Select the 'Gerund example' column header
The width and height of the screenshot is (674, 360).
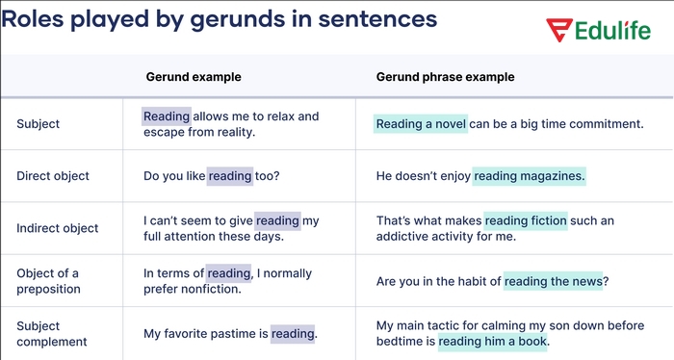(x=193, y=77)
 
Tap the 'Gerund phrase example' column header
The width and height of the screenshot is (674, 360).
(x=445, y=77)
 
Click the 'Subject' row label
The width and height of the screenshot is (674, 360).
(x=38, y=124)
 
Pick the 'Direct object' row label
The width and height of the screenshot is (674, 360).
(x=53, y=176)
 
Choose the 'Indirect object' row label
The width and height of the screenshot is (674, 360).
(x=57, y=228)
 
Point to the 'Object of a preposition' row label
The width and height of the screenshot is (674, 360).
(x=48, y=281)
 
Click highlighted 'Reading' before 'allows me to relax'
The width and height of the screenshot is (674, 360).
(x=167, y=116)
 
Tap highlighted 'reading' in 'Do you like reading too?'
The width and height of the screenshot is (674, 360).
(x=230, y=176)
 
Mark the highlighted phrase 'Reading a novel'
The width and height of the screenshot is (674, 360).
(x=421, y=124)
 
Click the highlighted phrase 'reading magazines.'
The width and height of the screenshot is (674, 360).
(x=529, y=176)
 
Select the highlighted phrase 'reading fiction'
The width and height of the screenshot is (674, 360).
(x=526, y=220)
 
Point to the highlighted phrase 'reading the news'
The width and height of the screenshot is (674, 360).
(x=553, y=281)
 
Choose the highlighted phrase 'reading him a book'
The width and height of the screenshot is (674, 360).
(x=492, y=342)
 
